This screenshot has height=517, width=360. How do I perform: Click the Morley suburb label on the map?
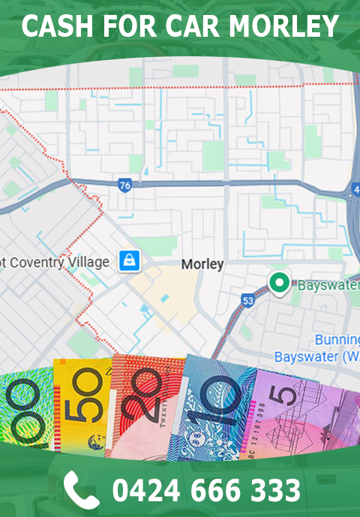[202, 265]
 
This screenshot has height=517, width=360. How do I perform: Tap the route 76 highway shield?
[124, 184]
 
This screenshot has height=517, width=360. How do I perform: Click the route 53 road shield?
[247, 300]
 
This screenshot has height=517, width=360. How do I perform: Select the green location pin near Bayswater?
[280, 284]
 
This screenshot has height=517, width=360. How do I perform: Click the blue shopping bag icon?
[130, 261]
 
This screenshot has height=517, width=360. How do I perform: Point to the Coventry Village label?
[56, 263]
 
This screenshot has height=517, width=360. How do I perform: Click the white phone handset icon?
[81, 489]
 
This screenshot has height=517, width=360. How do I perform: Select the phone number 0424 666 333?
[206, 490]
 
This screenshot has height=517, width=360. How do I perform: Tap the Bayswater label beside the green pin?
[328, 286]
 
